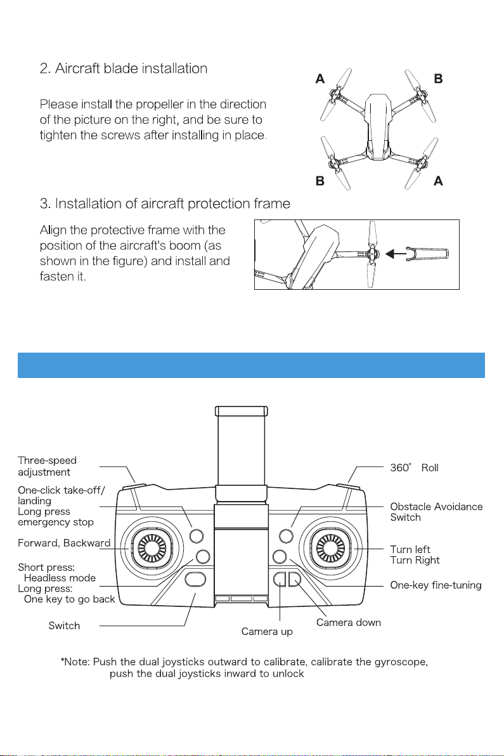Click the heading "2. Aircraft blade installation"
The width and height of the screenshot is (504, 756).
pos(123,68)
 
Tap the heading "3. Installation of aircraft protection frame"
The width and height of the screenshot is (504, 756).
pos(165,204)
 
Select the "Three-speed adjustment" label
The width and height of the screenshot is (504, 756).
pos(48,466)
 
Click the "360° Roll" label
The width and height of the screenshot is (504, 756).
pos(414,468)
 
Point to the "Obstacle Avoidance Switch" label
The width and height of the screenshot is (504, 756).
pos(436,512)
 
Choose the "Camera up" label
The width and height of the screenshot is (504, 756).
pos(267,632)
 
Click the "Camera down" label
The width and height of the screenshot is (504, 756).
pos(349,622)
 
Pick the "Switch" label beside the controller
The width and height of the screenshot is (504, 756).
pos(64,626)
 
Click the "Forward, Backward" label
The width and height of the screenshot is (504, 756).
pos(64,542)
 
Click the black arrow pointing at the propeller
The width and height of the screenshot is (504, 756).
pos(397,254)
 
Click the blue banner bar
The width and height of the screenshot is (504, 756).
pos(252,365)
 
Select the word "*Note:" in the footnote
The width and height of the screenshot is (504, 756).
pos(75,662)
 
